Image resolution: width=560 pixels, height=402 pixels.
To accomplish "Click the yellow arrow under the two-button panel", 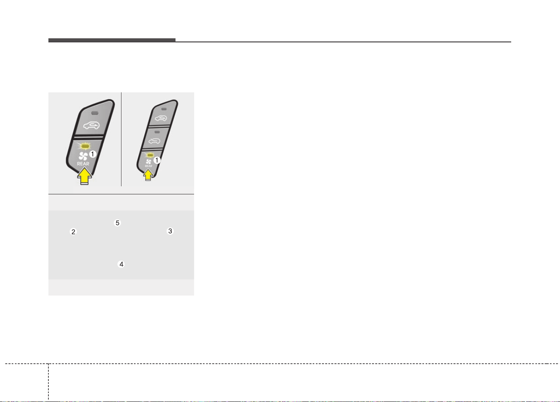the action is pos(84,176).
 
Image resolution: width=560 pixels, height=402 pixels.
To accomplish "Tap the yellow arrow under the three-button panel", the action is pos(148,175).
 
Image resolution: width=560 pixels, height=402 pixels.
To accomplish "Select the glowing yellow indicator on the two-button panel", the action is pos(85,146).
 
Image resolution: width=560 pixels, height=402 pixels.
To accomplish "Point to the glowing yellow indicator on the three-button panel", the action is pos(150,155).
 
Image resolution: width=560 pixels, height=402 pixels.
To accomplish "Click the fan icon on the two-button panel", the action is pos(83,156).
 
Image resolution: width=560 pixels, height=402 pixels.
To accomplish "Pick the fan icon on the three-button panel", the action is pos(149,162).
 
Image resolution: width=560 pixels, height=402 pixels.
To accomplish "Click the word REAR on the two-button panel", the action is pos(83,164).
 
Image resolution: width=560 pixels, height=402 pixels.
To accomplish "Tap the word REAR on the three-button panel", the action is pos(148,166).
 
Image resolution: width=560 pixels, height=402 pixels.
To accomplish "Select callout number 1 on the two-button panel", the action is pos(93,154).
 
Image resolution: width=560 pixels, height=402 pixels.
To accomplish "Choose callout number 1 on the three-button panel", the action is pos(157,160).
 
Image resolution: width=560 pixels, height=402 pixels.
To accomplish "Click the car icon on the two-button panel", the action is pos(91,125).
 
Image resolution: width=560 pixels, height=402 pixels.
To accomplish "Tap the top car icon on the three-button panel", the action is pos(161,118).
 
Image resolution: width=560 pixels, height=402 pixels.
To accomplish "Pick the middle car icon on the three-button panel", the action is pos(154,141).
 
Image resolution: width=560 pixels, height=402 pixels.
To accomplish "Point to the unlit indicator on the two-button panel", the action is pos(95,113).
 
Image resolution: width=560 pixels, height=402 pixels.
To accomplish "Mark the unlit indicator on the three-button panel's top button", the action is pos(164,109).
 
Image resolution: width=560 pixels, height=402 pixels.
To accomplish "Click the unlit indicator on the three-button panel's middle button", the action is pos(157,132).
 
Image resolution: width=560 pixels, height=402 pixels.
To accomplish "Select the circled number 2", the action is pos(73,232).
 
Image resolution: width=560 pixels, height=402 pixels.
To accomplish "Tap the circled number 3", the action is pos(170,231).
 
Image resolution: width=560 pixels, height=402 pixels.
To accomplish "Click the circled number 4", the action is pos(121,264).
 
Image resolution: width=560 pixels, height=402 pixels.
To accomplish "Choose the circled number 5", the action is pos(117,223).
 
